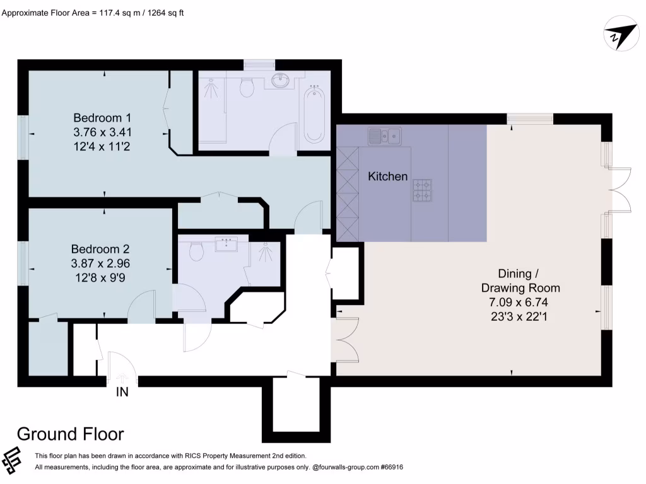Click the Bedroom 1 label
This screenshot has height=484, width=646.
tap(102, 118)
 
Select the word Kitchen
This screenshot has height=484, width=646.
tap(388, 176)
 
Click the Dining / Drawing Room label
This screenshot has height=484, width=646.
tap(520, 280)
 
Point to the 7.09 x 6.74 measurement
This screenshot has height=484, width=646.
tap(519, 302)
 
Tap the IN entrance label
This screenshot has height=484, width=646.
tap(122, 392)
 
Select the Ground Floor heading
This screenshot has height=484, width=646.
tap(70, 434)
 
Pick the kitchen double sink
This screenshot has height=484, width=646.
tap(386, 135)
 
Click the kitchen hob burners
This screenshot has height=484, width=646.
tap(423, 190)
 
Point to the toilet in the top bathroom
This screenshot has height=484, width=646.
tap(247, 87)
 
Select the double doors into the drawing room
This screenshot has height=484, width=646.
tap(347, 338)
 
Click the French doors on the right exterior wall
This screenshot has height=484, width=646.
tap(621, 190)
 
